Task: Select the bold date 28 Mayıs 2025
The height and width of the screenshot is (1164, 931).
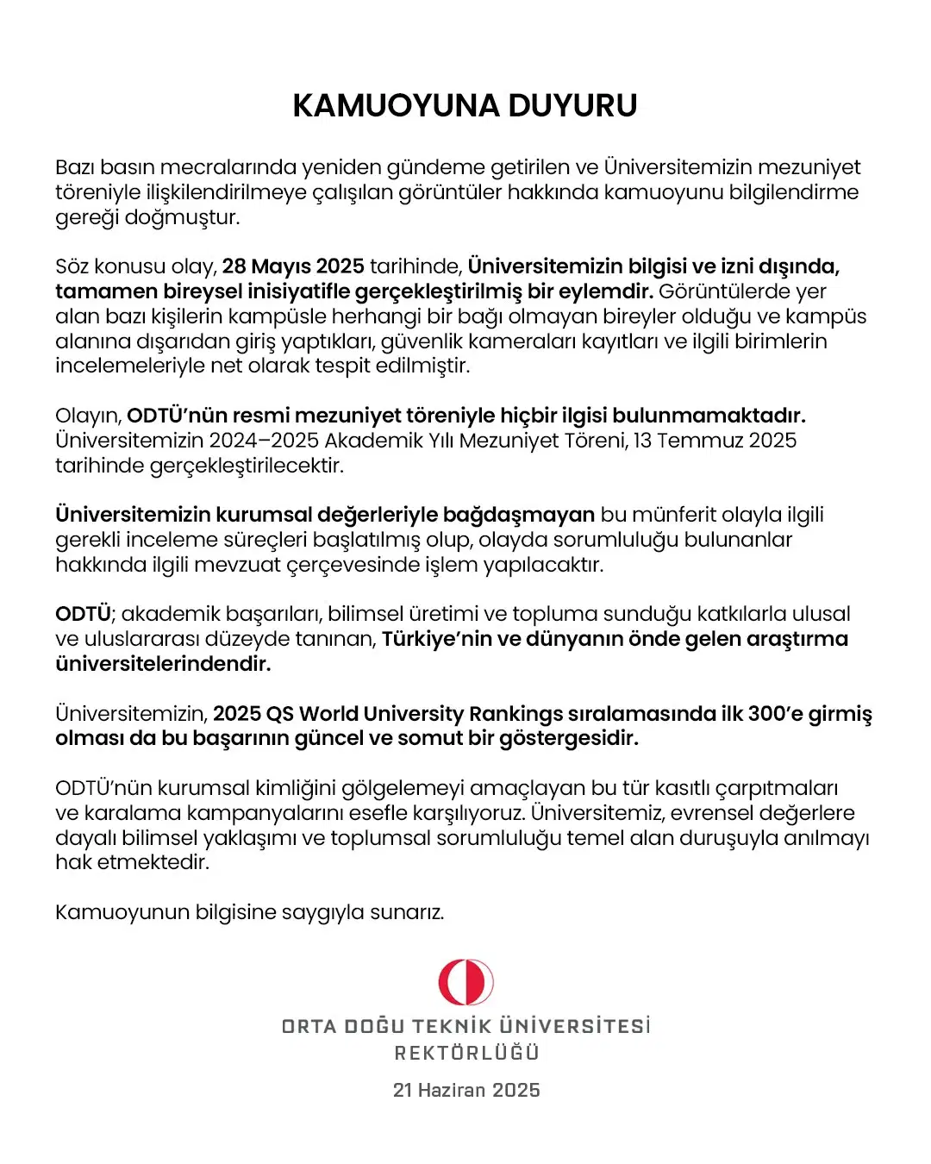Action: tap(293, 266)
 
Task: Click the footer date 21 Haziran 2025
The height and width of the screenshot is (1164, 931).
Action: tap(466, 1090)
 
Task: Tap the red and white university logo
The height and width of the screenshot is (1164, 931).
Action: tap(465, 982)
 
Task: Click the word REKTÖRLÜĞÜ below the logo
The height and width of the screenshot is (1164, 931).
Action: tap(466, 1053)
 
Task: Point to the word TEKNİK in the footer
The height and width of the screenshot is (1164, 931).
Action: tap(453, 1026)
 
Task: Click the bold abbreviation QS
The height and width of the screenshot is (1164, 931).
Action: tap(280, 714)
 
